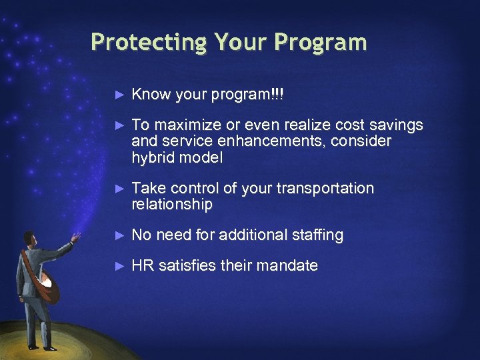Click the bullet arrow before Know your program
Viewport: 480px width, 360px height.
tap(120, 95)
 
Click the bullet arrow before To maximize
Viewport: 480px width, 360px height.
tap(120, 125)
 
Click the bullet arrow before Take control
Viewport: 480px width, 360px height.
tap(120, 189)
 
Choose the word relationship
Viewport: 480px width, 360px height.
tap(172, 205)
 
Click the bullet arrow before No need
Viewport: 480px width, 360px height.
tap(120, 235)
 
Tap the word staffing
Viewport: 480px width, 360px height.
tap(318, 235)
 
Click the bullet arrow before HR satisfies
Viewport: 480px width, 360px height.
tap(120, 265)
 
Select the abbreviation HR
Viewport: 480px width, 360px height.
tap(141, 265)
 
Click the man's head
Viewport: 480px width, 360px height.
tap(29, 239)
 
